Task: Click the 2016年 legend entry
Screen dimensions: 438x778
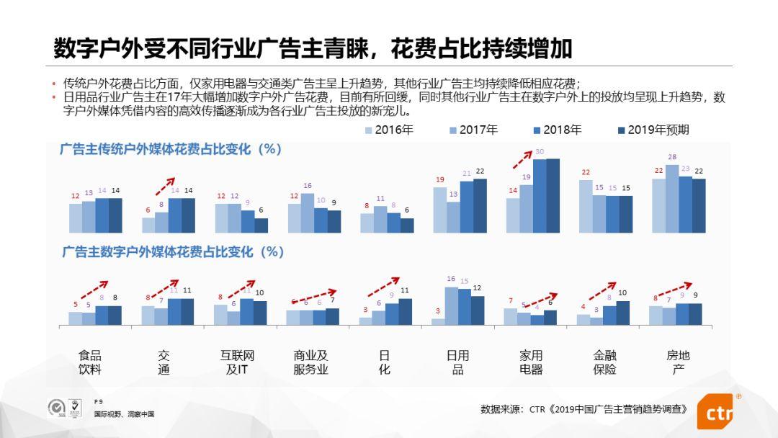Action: click(389, 130)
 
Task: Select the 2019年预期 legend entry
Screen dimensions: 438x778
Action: click(653, 130)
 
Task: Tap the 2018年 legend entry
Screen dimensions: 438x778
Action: click(558, 130)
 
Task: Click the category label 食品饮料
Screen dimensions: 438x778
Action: click(90, 362)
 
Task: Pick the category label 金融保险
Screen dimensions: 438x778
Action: click(604, 362)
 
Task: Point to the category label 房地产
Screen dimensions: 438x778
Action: click(678, 362)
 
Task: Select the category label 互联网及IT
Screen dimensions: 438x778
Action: click(237, 362)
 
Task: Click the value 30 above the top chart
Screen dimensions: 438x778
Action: click(540, 152)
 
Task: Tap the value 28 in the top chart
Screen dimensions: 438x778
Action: click(672, 157)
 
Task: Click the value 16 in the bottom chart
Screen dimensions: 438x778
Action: click(451, 279)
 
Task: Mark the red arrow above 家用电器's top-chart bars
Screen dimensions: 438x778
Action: click(524, 159)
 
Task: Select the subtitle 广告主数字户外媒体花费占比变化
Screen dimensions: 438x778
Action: click(173, 252)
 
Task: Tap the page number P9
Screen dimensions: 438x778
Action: click(99, 401)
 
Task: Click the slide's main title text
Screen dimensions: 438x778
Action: click(313, 48)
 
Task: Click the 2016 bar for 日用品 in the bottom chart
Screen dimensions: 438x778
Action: click(438, 321)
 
